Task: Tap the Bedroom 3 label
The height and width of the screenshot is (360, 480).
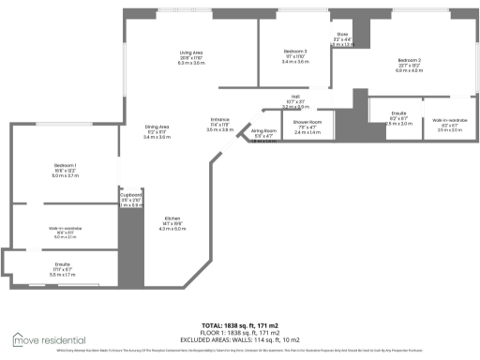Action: (295, 52)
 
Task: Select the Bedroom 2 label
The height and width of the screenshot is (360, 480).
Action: (409, 61)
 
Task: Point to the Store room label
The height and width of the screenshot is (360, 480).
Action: (343, 35)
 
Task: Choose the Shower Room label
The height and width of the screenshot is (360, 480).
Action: (307, 122)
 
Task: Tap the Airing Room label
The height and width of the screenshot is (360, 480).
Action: (264, 131)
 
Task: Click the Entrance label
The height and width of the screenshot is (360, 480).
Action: (220, 119)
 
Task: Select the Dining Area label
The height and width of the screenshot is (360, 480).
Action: (157, 127)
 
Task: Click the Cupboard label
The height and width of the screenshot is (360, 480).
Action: (130, 195)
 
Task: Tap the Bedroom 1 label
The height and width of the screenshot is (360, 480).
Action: (65, 164)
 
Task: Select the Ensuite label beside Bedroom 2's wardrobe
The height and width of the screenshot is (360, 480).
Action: (398, 112)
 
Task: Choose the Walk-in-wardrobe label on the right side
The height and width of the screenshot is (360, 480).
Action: (450, 121)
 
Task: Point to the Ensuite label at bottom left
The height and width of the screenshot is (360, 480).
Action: (62, 264)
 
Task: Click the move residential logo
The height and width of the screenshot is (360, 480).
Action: (48, 337)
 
